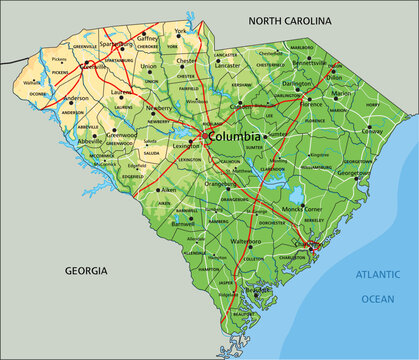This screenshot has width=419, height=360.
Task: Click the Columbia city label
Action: pos(236,136)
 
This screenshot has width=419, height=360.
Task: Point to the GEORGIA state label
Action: pos(87,271)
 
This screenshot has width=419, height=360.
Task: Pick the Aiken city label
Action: pos(141,189)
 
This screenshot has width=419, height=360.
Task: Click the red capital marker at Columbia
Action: pos(203,135)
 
